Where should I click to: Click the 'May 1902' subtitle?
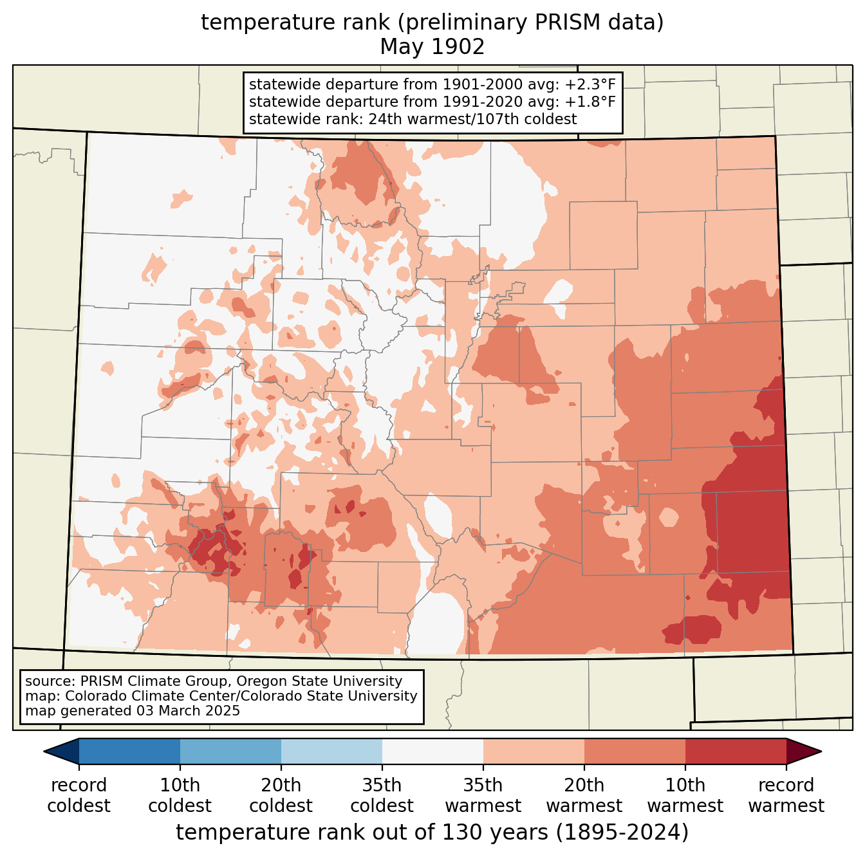(x=432, y=47)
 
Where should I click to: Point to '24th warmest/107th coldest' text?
(x=472, y=120)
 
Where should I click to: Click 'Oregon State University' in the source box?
(x=319, y=681)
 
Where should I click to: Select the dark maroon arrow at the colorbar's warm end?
(x=803, y=751)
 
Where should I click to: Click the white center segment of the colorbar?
(x=432, y=751)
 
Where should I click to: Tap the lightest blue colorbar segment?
(x=331, y=751)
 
